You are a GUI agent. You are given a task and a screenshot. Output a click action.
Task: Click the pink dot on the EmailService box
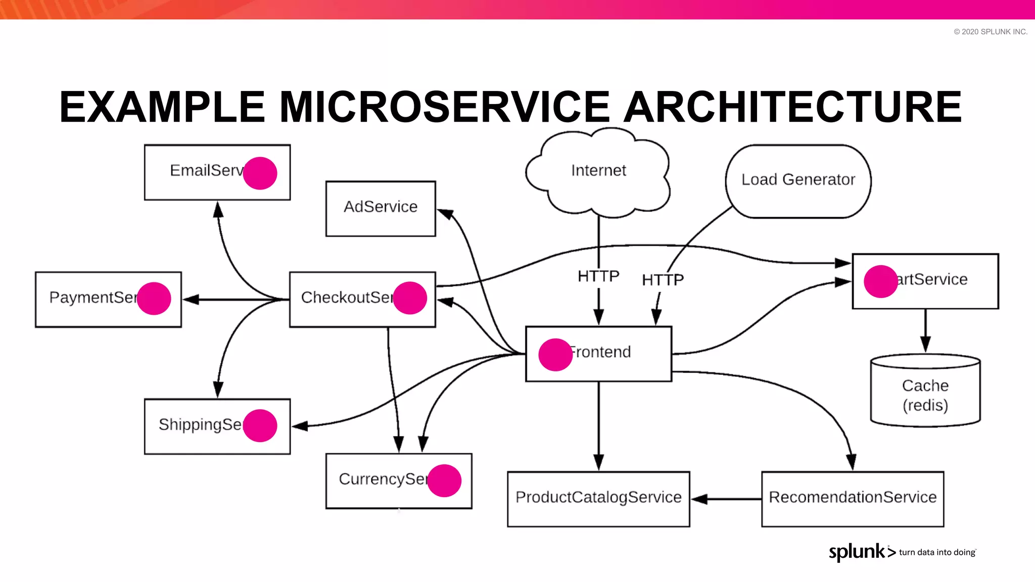click(x=260, y=173)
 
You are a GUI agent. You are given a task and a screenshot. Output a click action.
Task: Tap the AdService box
click(x=381, y=208)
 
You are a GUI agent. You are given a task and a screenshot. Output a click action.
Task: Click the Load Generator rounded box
click(x=798, y=181)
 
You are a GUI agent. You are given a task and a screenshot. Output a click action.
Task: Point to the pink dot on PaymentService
click(x=154, y=299)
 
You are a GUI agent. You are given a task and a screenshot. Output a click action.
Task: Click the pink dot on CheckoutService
click(x=410, y=298)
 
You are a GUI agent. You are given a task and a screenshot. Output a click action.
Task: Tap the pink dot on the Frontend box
click(x=555, y=355)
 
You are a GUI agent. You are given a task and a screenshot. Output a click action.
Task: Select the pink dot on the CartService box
click(x=880, y=281)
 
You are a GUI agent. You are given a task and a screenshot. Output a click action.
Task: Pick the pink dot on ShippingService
click(x=260, y=425)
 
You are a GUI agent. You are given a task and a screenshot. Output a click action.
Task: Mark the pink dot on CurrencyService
click(x=444, y=480)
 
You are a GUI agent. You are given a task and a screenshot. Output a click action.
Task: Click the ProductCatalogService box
click(x=598, y=499)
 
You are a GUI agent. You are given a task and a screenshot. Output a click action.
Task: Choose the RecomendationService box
click(x=853, y=499)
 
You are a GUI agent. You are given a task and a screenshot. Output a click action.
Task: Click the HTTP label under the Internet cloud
click(x=598, y=276)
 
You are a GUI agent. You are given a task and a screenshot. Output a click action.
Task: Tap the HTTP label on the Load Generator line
click(x=663, y=280)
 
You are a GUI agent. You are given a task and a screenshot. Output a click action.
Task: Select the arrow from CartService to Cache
click(x=925, y=331)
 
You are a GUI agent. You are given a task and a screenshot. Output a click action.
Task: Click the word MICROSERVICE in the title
click(x=445, y=107)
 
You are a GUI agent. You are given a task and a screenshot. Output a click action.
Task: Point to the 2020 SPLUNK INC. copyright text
click(x=991, y=32)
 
